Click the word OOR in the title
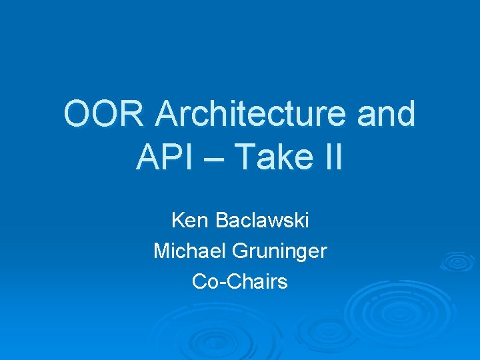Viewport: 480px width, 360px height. tap(104, 115)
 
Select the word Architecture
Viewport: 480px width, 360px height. tap(250, 115)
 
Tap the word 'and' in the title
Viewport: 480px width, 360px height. tap(387, 115)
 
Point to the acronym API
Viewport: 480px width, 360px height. tap(164, 157)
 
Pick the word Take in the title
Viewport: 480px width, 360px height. tap(275, 157)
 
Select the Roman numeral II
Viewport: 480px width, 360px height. tap(331, 157)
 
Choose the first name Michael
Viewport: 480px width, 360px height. tap(190, 251)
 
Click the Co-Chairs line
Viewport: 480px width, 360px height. tap(240, 281)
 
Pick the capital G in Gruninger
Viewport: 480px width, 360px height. tap(241, 251)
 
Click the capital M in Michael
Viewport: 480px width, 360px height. tap(161, 251)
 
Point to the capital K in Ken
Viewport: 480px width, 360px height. tap(177, 220)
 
